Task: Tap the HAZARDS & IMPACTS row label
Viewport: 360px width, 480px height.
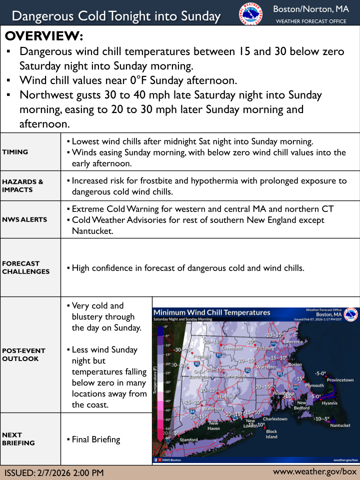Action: (x=22, y=185)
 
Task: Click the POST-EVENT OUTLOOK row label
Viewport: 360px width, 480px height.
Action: (x=24, y=354)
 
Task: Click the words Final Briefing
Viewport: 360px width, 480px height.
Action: (x=96, y=439)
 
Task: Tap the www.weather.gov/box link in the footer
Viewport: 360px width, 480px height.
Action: (x=315, y=471)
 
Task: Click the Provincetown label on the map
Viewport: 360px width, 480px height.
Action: (x=340, y=380)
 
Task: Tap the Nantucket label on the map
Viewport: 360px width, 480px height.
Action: (x=340, y=425)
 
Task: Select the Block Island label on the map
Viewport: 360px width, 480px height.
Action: (x=271, y=434)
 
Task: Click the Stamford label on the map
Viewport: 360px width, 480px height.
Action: (x=189, y=440)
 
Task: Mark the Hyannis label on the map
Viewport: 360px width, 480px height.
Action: (x=329, y=403)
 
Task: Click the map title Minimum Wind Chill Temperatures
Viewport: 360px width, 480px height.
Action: (x=211, y=313)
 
